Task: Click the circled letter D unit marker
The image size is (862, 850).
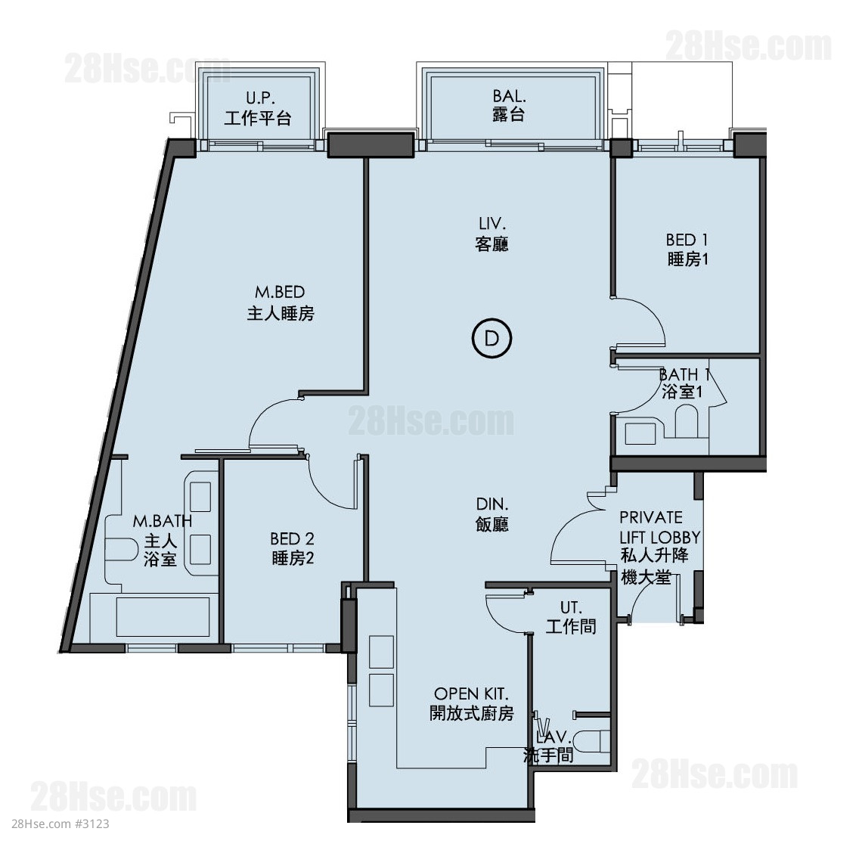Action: point(491,338)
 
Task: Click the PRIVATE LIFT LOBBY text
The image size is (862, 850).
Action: point(659,527)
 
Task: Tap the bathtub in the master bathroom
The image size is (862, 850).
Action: point(162,617)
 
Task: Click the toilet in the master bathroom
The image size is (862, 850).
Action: point(121,549)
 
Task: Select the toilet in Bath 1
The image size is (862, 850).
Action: point(686,420)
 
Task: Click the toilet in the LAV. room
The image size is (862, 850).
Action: point(597,741)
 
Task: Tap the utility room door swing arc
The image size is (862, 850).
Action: point(498,619)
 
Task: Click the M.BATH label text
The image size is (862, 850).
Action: point(162,520)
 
